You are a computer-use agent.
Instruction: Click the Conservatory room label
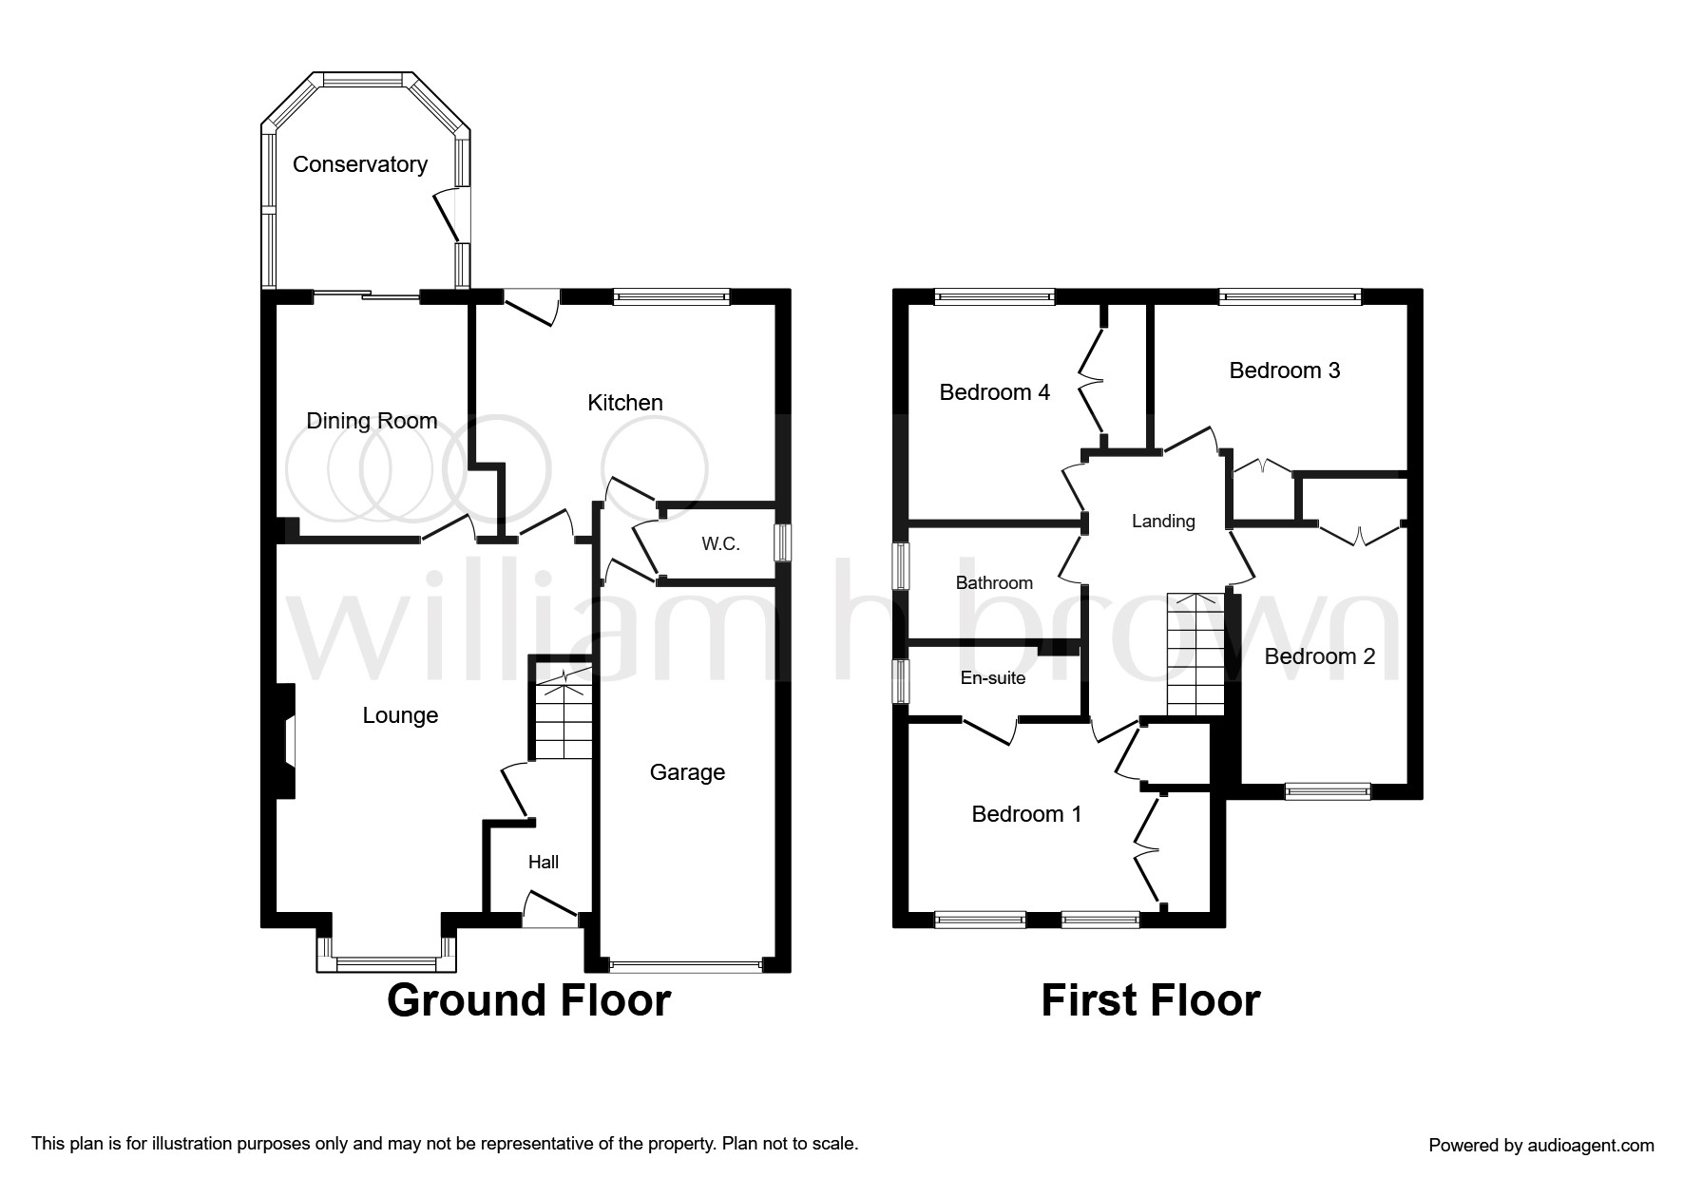point(359,164)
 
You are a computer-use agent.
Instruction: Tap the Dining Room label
point(372,421)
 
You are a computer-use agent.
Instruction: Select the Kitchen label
point(625,403)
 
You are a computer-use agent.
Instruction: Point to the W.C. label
point(720,544)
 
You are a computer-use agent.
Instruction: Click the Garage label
point(687,772)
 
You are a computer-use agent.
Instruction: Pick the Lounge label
point(400,715)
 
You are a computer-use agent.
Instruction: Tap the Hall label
point(544,862)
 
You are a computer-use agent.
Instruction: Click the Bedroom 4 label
point(995,392)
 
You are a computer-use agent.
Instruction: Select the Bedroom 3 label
point(1285,370)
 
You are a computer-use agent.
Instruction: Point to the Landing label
point(1163,521)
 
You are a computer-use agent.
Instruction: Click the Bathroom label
point(994,582)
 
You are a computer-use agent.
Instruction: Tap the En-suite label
point(993,678)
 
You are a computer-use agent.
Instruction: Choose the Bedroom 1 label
point(1026,814)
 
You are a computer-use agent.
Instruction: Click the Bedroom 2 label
point(1320,656)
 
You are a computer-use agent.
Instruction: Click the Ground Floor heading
point(528,1000)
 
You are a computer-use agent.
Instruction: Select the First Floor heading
point(1151,1000)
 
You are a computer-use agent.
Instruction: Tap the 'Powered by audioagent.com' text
point(1541,1146)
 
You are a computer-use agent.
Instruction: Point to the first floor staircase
point(1195,655)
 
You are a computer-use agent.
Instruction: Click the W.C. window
point(783,543)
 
